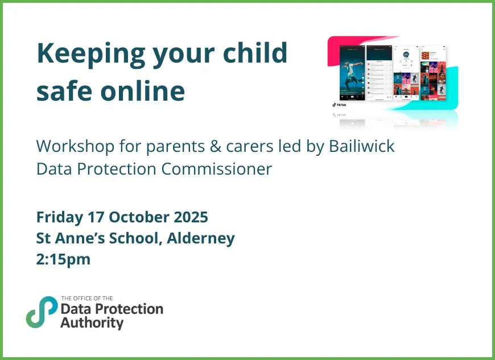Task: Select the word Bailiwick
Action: coord(362,146)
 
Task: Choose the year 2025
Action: coord(188,217)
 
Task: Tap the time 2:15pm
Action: coord(63,259)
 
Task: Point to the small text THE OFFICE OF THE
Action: coord(86,299)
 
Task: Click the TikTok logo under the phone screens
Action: coord(339,105)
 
